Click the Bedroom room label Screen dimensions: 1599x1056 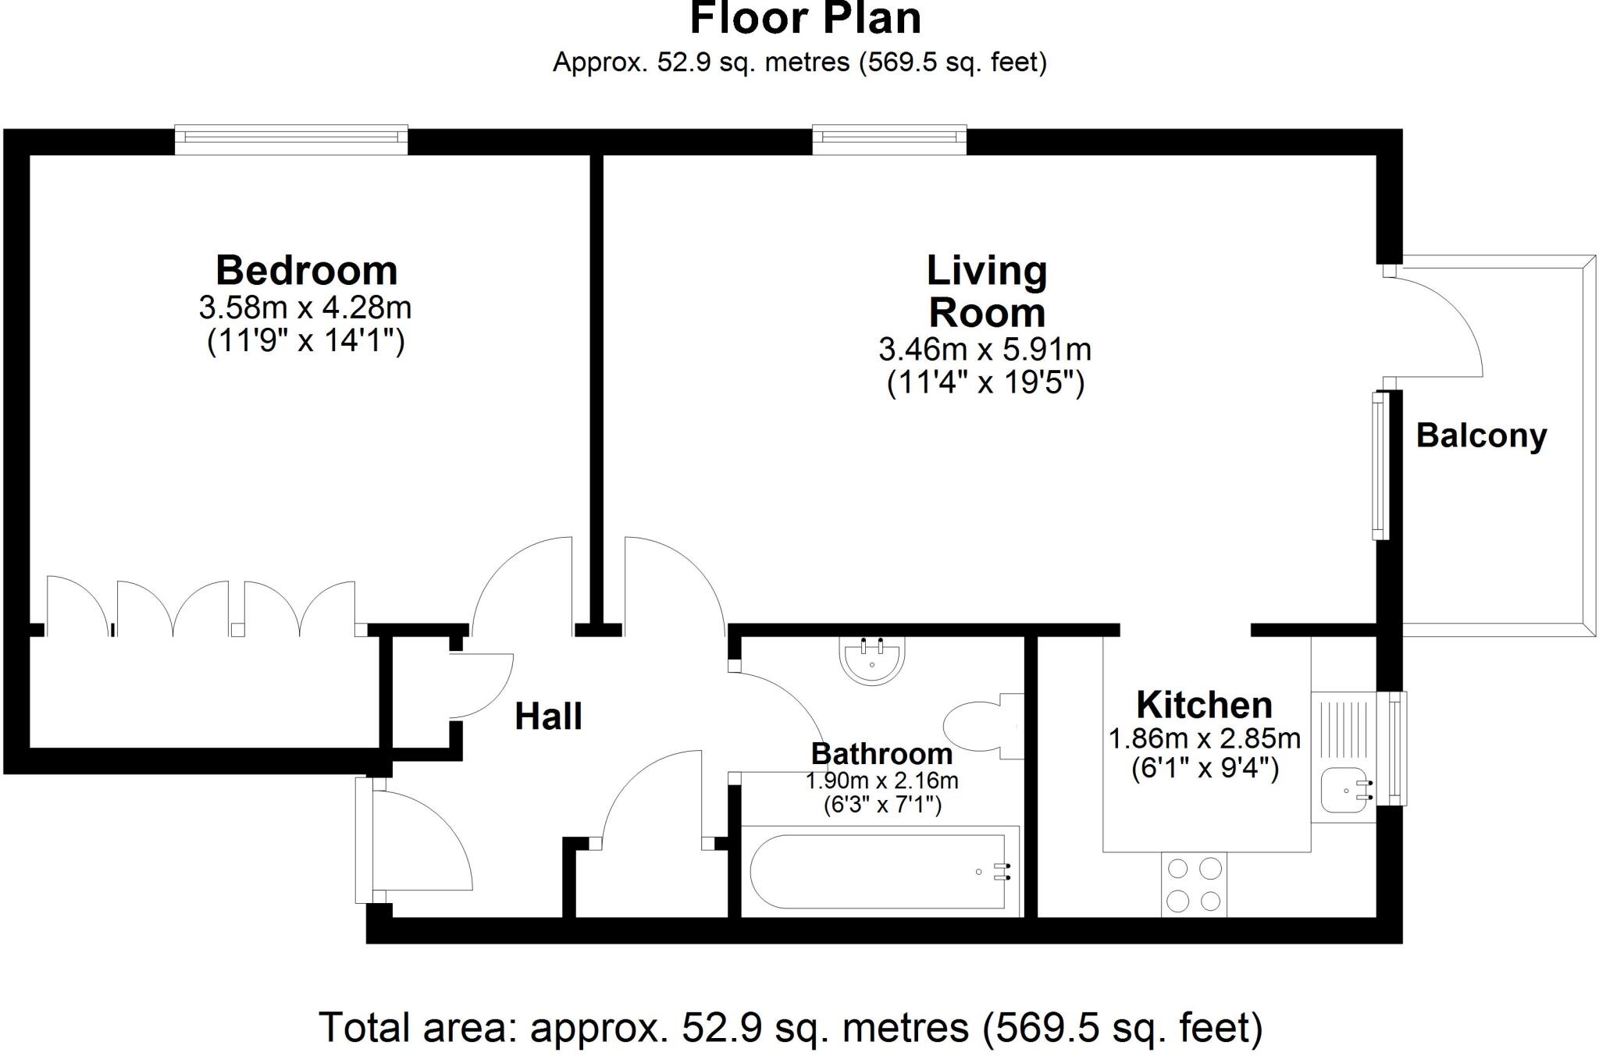[x=306, y=270]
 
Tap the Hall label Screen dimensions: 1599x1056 [x=548, y=716]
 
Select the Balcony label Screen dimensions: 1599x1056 [x=1481, y=436]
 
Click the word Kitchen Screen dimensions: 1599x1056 [x=1204, y=705]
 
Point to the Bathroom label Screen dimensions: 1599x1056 [x=881, y=754]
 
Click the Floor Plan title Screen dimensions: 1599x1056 [x=805, y=19]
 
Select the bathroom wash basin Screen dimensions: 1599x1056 [x=871, y=660]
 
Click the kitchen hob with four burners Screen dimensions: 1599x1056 [x=1194, y=884]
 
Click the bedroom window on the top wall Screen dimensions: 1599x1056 [x=291, y=139]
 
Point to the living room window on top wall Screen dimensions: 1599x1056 [x=889, y=139]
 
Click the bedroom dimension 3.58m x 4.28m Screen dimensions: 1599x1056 [x=305, y=308]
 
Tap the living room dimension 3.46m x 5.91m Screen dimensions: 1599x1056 [x=985, y=350]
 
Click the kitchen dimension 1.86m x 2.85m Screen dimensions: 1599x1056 [x=1205, y=738]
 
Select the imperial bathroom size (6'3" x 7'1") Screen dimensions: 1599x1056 [x=882, y=804]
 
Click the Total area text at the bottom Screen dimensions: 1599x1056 [x=791, y=1027]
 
